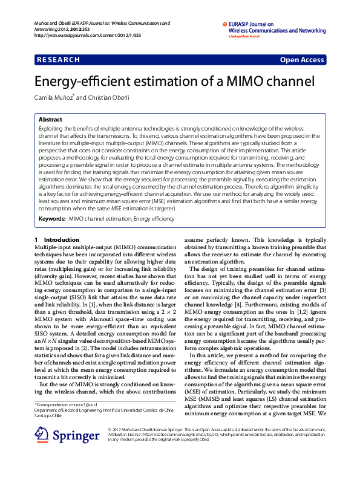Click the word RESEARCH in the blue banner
[x=59, y=60]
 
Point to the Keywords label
[x=51, y=218]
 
